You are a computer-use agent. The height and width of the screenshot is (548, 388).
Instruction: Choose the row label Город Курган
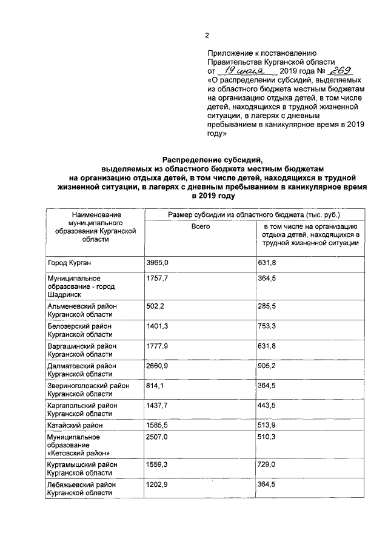click(x=70, y=262)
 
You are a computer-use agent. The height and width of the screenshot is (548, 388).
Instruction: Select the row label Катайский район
click(x=75, y=426)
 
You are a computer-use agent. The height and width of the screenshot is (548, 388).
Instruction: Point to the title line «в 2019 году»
click(x=212, y=197)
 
